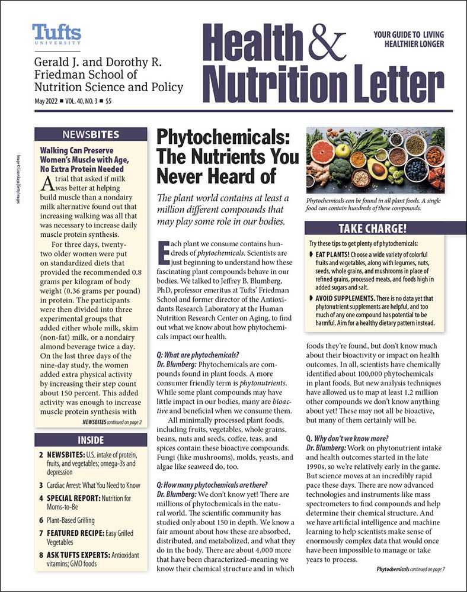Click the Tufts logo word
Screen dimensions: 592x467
click(56, 33)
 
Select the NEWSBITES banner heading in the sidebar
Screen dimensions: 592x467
click(91, 134)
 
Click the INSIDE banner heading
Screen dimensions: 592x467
click(91, 440)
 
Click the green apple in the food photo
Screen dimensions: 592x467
click(343, 151)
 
